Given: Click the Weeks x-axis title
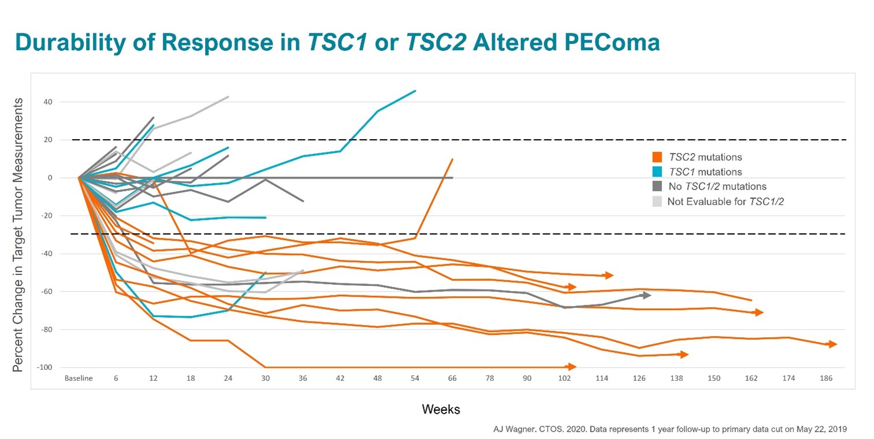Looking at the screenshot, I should coord(441,410).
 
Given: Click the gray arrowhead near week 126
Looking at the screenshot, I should coord(647,295).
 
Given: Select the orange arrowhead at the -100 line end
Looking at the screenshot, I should coord(572,367).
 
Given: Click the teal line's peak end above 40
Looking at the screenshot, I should coord(415,91).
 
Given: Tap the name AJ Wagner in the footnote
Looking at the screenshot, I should coord(508,429).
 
